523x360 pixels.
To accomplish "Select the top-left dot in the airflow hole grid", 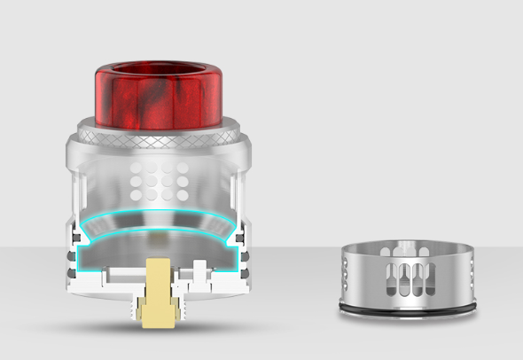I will pos(134,166).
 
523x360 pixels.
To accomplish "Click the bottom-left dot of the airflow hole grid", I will pos(134,191).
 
